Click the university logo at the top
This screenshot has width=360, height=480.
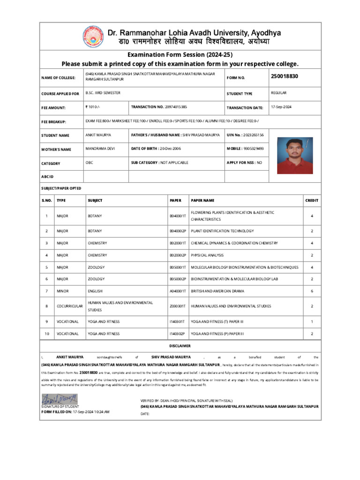point(95,38)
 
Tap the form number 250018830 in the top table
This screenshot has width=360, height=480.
point(284,76)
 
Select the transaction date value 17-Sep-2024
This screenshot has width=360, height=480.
point(281,107)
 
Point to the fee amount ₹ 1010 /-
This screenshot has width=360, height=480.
point(93,107)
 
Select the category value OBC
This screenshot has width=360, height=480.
point(89,162)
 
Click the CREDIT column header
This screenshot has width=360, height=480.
point(312,200)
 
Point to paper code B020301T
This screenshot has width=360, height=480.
point(178,243)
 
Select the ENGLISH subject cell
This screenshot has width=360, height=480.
point(96,291)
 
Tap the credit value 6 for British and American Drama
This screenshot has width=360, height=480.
point(312,291)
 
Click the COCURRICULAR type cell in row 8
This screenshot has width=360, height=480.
point(70,306)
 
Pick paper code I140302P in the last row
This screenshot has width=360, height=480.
point(178,334)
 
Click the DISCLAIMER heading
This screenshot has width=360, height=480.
point(180,346)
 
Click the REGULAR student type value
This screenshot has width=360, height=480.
point(278,93)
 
